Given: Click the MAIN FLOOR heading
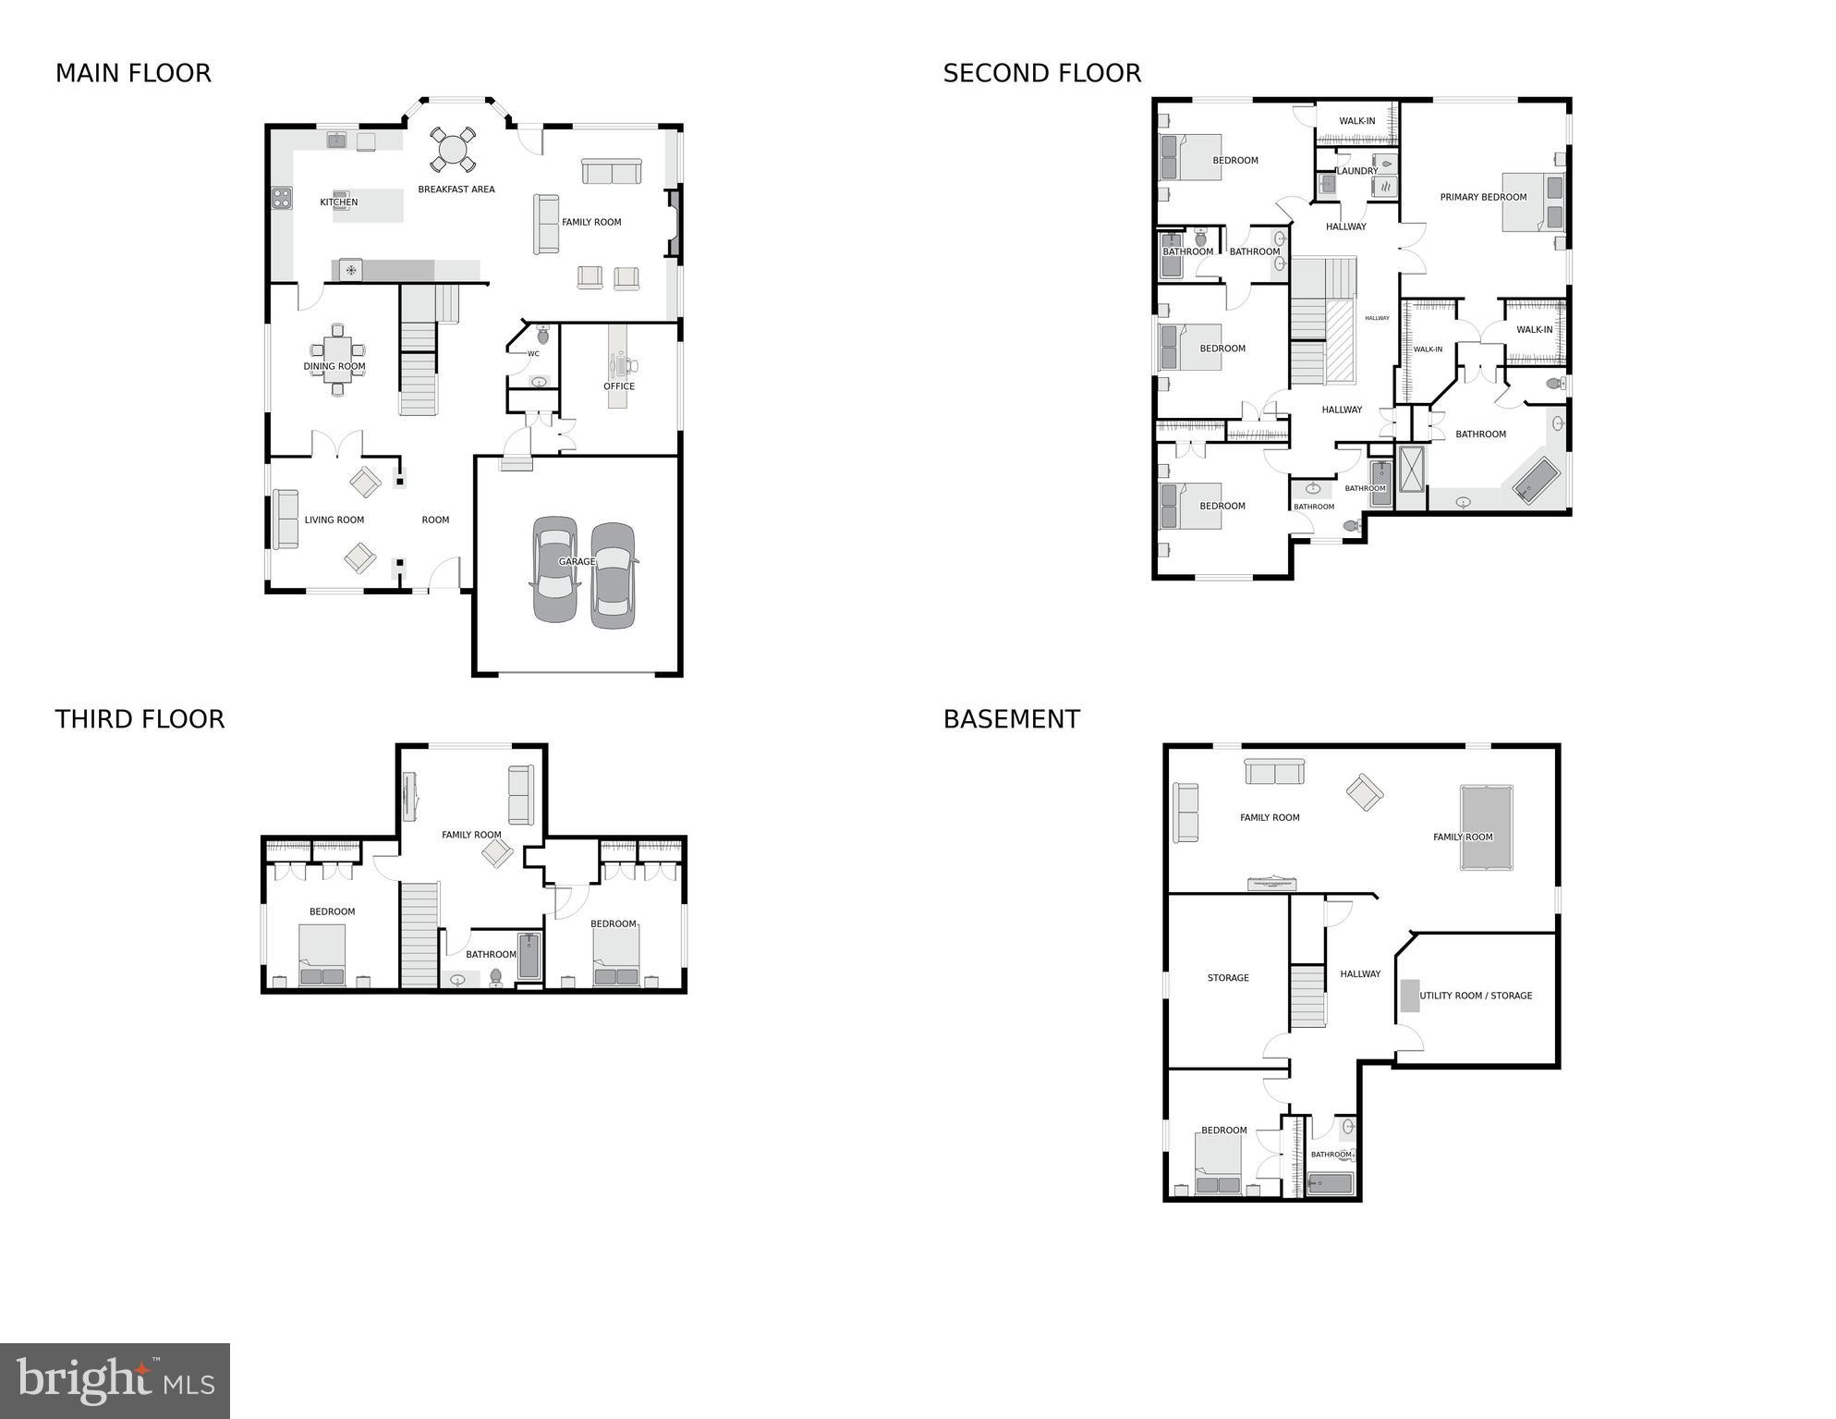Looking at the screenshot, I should coord(133,73).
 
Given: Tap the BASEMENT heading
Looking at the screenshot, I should coord(1011,719).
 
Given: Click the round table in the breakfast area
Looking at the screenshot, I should coord(453,149).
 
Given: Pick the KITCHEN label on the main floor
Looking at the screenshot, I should coord(339,202).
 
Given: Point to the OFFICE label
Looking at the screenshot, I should coord(619,386).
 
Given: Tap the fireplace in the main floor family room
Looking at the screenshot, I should coord(675,222).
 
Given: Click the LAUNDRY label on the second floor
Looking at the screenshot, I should coord(1356,171).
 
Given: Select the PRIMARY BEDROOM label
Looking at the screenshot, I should coord(1483,197).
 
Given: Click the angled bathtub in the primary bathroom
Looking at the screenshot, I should coord(1536,480).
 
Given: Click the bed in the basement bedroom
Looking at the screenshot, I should coord(1218,1165).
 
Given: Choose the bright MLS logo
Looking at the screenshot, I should coord(115,1381).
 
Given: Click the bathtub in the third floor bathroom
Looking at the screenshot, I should coord(529,956).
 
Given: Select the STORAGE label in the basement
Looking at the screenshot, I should coord(1228,978).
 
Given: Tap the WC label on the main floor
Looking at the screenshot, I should coord(533,354).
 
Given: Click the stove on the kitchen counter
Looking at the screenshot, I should coord(282,198).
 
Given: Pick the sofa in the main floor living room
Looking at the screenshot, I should coord(286,519).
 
